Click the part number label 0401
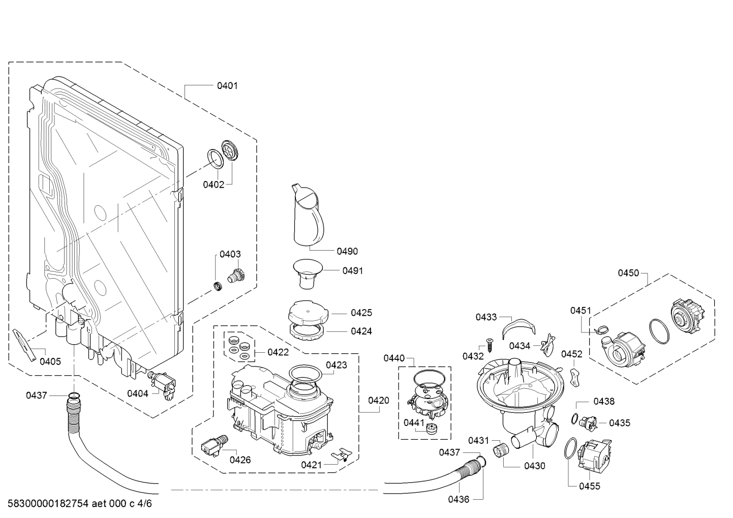coord(227,86)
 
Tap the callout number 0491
coord(352,271)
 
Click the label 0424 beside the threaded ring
coord(361,331)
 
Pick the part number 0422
coord(278,352)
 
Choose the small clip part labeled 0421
coord(341,454)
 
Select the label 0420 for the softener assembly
coord(378,401)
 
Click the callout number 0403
coord(230,255)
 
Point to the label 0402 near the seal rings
coord(213,185)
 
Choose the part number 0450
coord(628,273)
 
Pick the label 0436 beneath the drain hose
coord(459,500)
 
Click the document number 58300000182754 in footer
coord(45,504)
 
